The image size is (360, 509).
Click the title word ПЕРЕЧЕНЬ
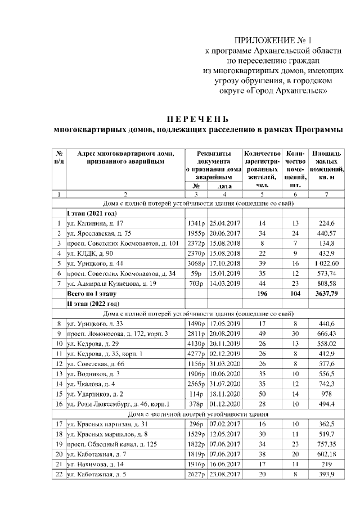coord(196,119)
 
